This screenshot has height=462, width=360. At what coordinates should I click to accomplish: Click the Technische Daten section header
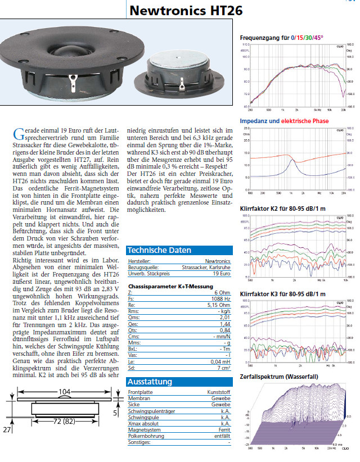(159, 250)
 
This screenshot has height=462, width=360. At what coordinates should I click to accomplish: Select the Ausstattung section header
(150, 382)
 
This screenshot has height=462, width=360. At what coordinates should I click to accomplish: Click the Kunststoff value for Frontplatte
(218, 392)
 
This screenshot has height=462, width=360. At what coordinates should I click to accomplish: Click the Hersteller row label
(138, 262)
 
